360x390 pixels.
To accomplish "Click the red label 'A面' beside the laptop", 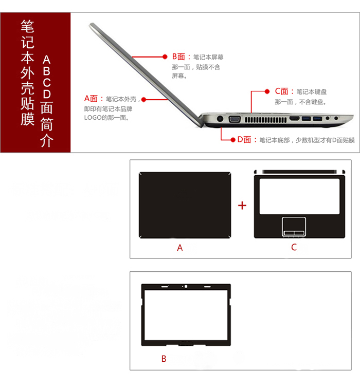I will [91, 99].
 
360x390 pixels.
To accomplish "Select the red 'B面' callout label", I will [179, 57].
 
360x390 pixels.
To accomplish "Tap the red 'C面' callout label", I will [281, 91].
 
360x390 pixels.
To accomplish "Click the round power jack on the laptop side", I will [220, 119].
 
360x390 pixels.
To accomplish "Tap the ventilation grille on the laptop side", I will [265, 119].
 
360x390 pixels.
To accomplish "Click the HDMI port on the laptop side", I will [295, 119].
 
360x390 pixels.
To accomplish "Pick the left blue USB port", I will [307, 119].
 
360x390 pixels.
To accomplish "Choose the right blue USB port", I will [317, 119].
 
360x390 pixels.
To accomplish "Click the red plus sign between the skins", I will [242, 206].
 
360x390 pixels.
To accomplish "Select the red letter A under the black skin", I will [179, 248].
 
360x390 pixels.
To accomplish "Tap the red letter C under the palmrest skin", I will [294, 247].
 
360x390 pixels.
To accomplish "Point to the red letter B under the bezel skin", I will [164, 359].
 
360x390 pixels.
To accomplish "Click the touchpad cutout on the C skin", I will [294, 226].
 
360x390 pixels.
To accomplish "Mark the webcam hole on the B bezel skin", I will [186, 286].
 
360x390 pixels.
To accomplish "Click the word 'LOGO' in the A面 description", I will [93, 118].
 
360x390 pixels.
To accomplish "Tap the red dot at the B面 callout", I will [165, 57].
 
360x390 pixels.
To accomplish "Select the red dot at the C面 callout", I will [267, 91].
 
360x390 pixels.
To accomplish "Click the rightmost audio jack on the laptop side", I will [336, 118].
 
